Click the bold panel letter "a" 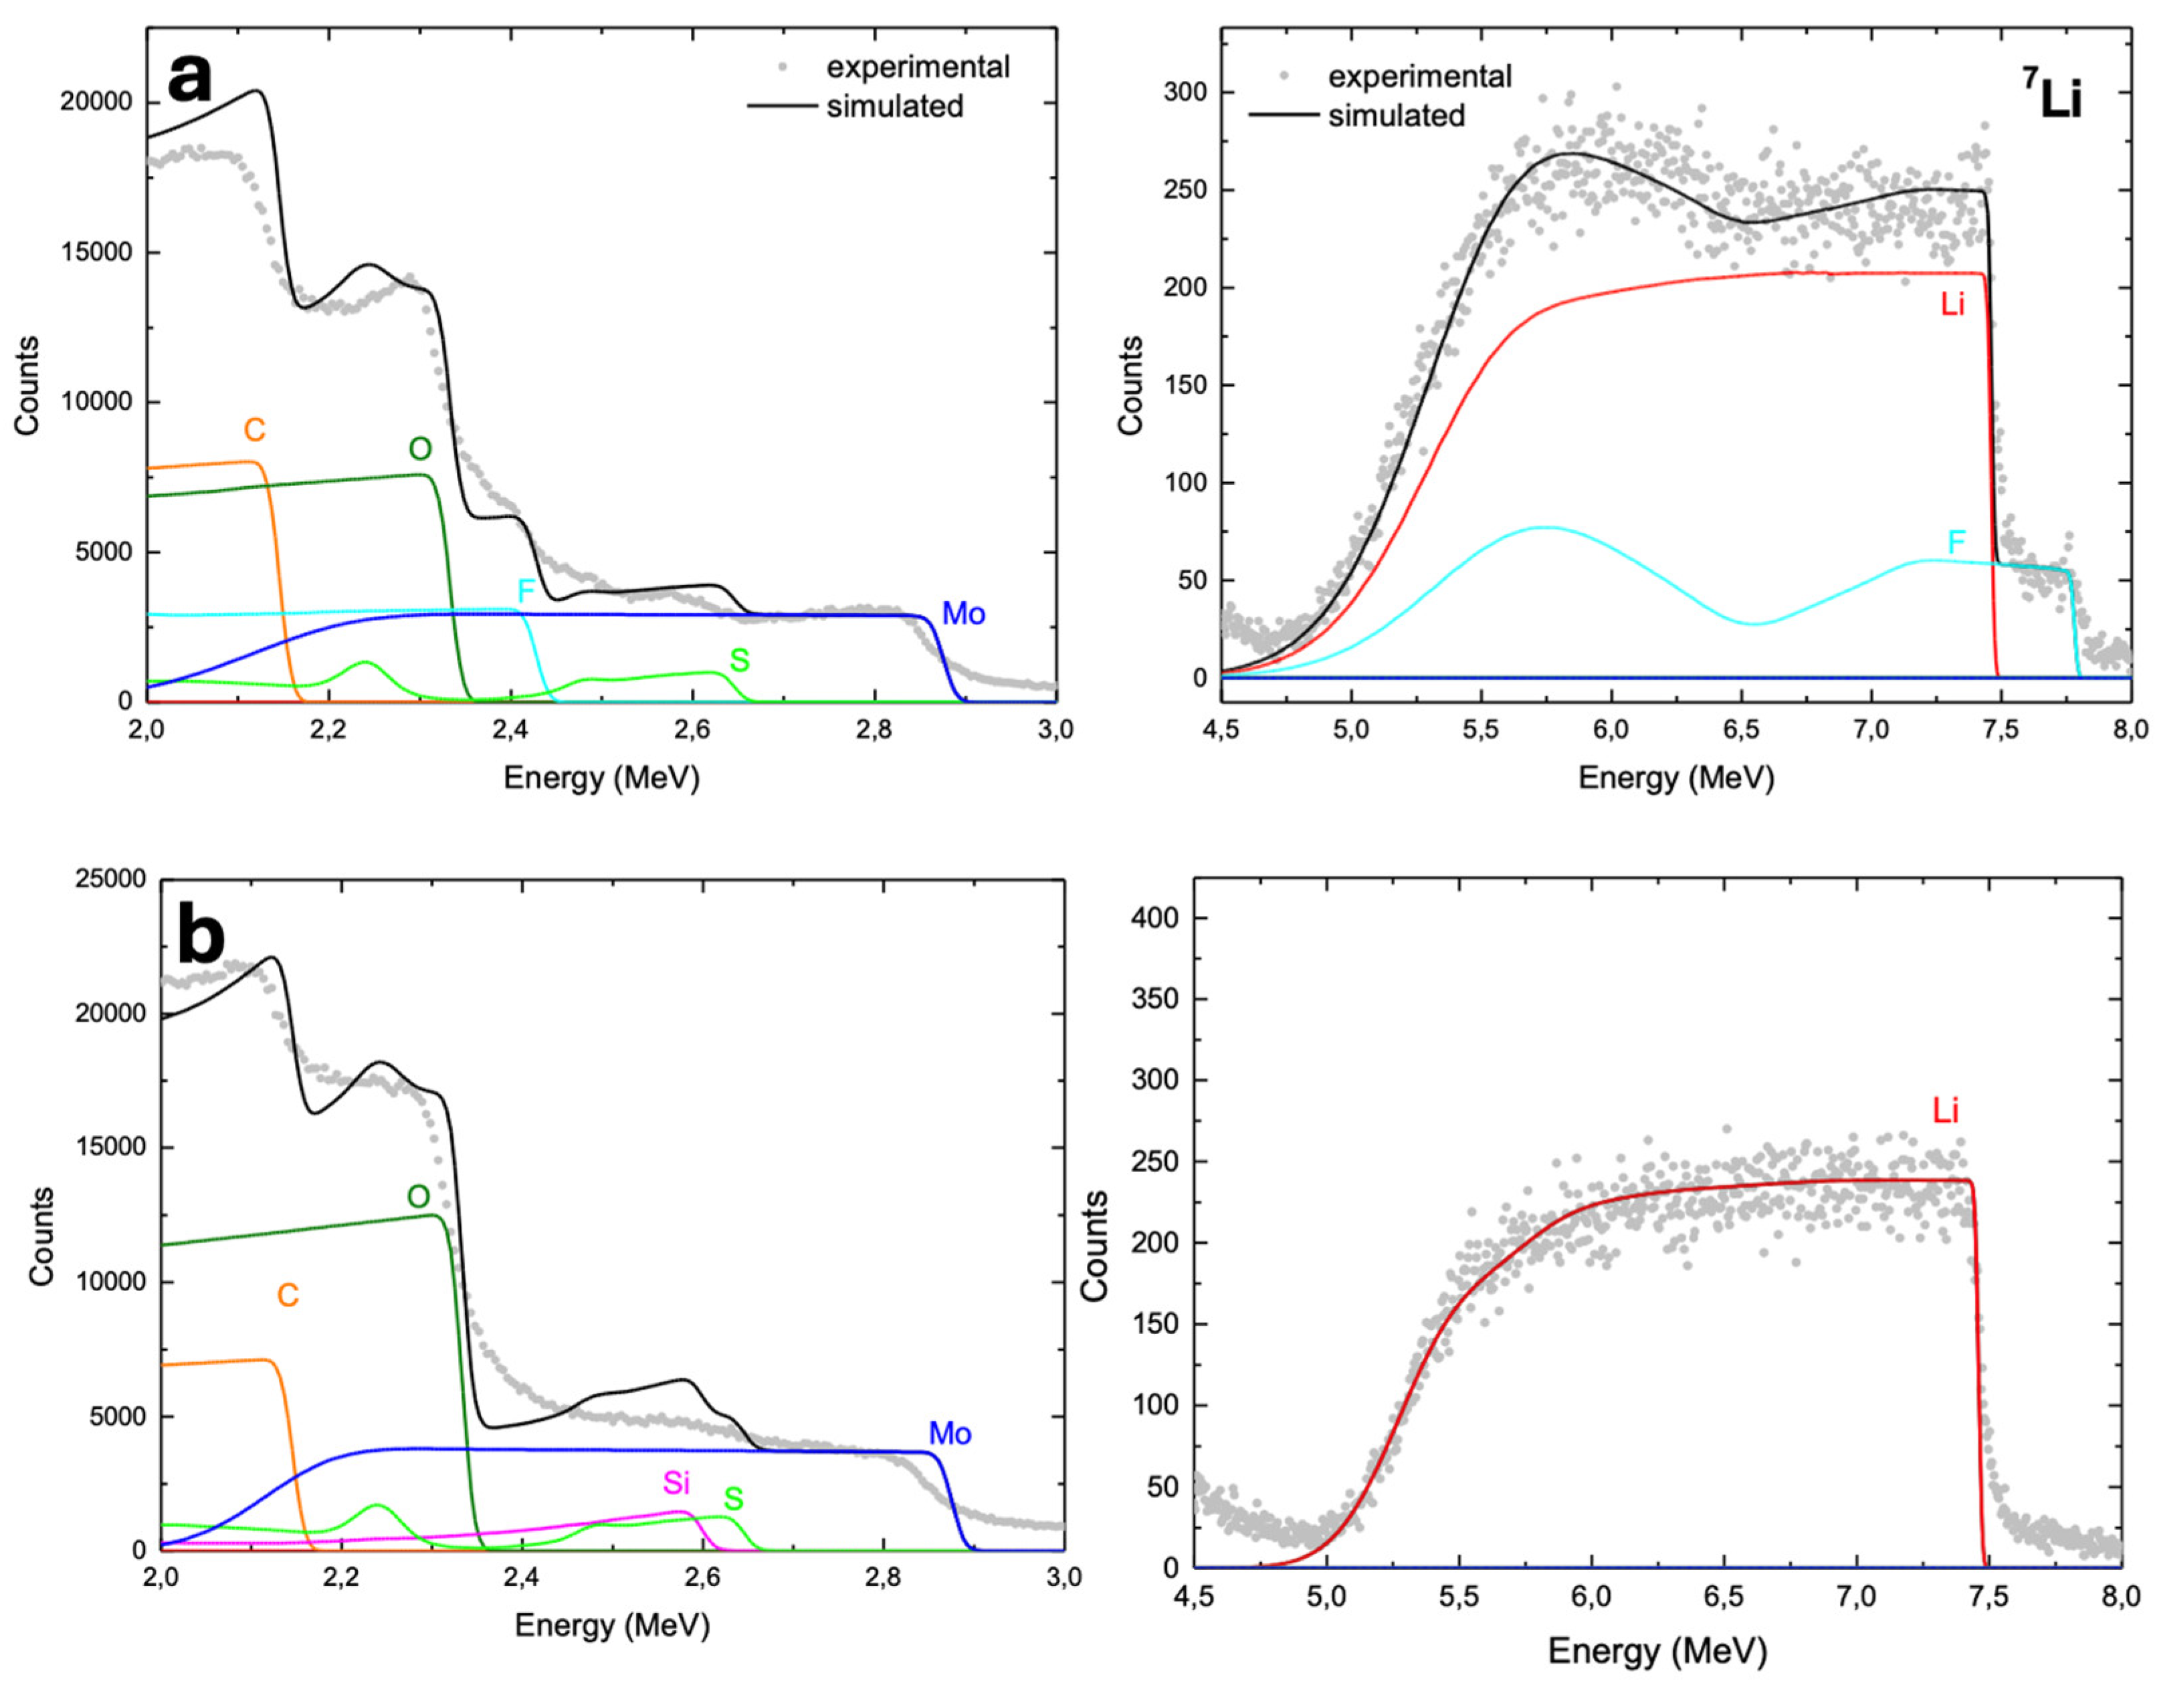tap(190, 79)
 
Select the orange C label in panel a tap(255, 430)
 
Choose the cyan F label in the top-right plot tap(1956, 542)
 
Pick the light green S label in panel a tap(738, 661)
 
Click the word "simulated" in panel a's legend tap(894, 107)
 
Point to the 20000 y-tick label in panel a tap(96, 102)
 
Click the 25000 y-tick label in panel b tap(110, 880)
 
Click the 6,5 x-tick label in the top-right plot tap(1741, 730)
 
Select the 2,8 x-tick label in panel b tap(884, 1577)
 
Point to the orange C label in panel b tap(288, 1296)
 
